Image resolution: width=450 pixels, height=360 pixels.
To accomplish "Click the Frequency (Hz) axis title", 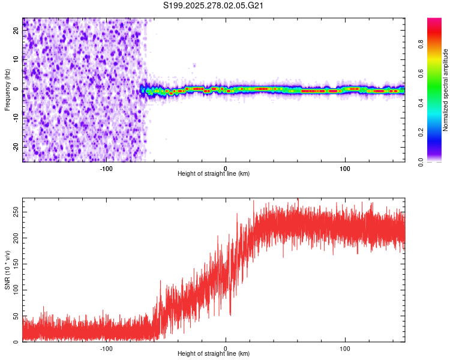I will click(7, 89).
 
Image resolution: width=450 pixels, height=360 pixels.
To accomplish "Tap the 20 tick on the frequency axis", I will click(16, 32).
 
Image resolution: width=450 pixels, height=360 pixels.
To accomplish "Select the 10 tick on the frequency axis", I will click(16, 61).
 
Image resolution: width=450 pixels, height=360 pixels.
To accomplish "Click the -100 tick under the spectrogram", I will click(106, 168).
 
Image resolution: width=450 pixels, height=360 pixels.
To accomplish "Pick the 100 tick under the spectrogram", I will click(345, 168).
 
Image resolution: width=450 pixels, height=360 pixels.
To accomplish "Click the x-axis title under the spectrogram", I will click(214, 174).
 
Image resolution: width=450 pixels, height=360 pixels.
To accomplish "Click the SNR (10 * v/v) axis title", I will click(7, 269).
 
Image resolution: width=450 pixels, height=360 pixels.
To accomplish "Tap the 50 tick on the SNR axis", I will click(15, 316).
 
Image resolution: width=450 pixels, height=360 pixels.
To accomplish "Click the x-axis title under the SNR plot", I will click(214, 354).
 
